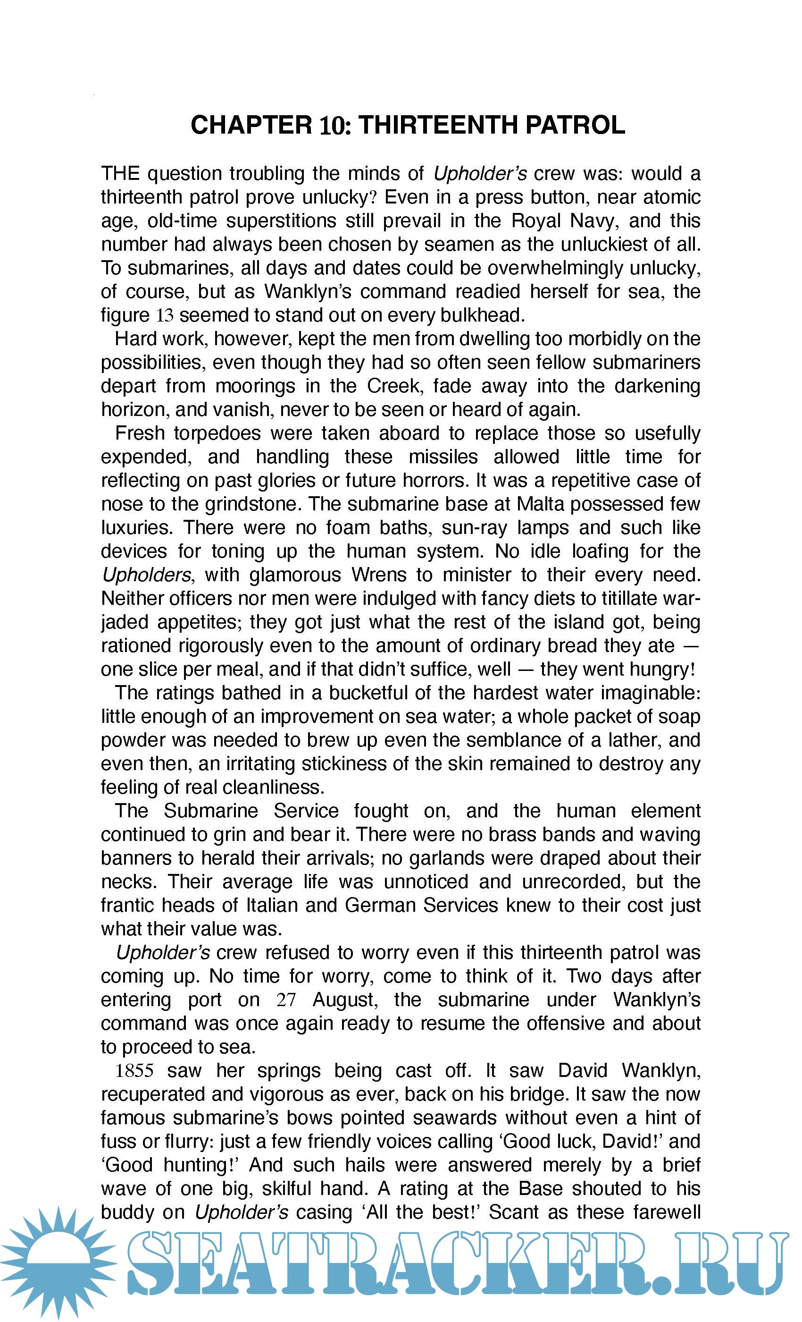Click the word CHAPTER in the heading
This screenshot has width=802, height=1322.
[251, 125]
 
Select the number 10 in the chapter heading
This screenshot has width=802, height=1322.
[333, 125]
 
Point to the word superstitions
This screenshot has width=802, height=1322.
[280, 221]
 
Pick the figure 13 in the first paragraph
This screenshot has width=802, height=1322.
[165, 315]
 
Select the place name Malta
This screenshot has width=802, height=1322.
[540, 504]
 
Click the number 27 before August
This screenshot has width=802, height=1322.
[286, 1000]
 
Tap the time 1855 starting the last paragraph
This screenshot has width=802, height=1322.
[134, 1071]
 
